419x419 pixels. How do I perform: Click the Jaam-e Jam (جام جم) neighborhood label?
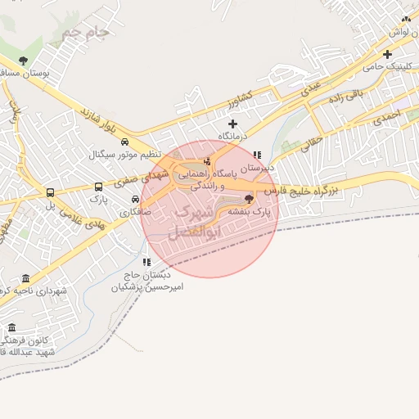85,34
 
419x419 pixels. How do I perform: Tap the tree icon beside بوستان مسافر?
23,61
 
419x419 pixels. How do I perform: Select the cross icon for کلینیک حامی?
387,54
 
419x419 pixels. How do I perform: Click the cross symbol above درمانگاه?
232,124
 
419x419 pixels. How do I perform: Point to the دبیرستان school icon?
257,154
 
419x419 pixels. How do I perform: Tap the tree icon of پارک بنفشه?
249,198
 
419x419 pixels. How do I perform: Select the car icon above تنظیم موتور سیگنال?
123,142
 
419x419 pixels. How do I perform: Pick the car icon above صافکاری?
135,199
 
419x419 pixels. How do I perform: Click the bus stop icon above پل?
50,194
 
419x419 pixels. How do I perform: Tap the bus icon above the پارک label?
99,187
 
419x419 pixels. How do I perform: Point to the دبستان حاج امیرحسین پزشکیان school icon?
146,262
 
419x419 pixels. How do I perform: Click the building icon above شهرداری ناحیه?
25,278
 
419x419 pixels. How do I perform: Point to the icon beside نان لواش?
405,19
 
